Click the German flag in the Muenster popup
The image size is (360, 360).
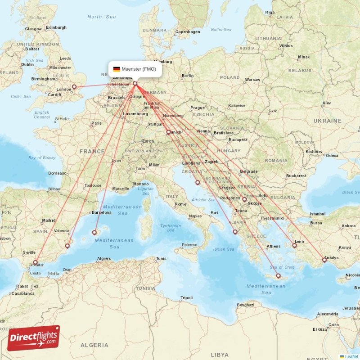[117, 69]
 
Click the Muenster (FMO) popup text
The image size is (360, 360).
[139, 69]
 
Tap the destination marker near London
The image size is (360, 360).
[74, 87]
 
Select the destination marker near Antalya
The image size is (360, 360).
[324, 260]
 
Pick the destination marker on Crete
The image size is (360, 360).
[278, 276]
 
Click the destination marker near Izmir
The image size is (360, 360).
[295, 245]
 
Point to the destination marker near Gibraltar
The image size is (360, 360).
[35, 262]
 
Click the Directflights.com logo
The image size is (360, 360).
[33, 337]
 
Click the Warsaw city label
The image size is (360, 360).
[252, 80]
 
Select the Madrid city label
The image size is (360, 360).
[49, 220]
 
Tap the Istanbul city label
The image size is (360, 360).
[317, 214]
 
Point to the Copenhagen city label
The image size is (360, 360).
[188, 32]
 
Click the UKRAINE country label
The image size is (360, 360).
[328, 121]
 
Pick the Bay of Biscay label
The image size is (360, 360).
[42, 157]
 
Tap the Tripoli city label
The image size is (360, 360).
[186, 298]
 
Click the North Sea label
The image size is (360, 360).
[101, 17]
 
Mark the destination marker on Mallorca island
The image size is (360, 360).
[94, 233]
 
